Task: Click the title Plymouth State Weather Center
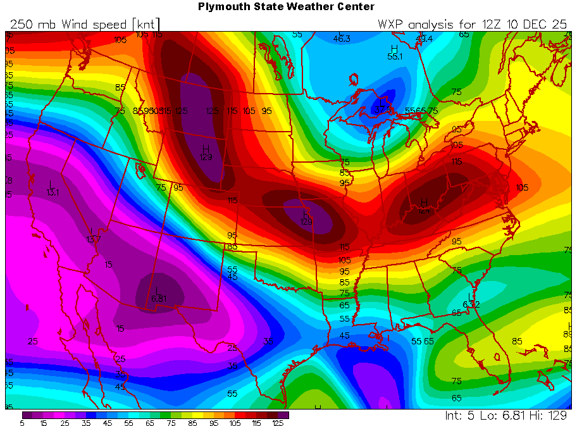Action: (x=286, y=7)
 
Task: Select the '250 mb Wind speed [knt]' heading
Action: (x=84, y=24)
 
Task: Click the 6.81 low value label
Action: (x=158, y=299)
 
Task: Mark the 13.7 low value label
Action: (x=93, y=239)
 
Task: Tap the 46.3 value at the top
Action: (x=342, y=39)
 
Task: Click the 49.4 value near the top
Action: (x=424, y=39)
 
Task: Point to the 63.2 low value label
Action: (x=471, y=304)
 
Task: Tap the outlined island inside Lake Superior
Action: (x=353, y=80)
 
